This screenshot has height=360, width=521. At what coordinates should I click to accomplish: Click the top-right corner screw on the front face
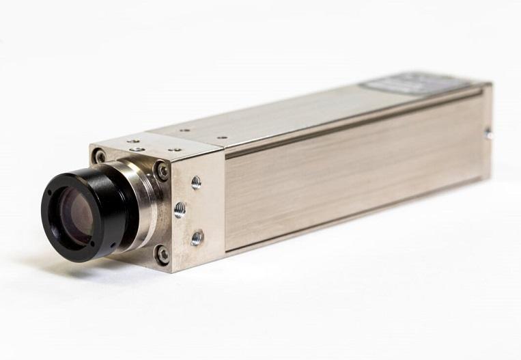click(162, 170)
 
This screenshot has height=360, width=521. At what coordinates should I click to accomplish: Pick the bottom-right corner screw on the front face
click(163, 255)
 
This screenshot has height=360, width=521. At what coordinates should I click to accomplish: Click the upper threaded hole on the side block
click(196, 182)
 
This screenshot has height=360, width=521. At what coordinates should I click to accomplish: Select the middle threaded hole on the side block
click(180, 209)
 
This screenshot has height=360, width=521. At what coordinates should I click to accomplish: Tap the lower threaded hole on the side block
click(197, 238)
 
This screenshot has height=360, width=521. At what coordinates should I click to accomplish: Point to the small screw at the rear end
click(488, 135)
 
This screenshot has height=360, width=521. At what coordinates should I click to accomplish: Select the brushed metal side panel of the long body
click(355, 178)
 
